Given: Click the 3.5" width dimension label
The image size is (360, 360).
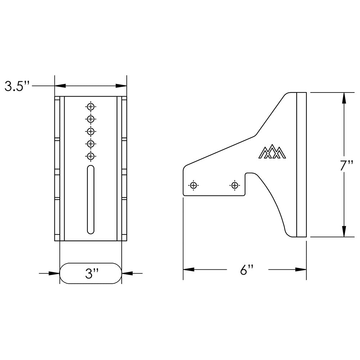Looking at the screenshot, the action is (x=17, y=86).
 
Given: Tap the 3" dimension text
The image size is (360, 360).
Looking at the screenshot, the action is (x=92, y=274).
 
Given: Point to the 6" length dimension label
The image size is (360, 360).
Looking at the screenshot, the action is (x=247, y=270).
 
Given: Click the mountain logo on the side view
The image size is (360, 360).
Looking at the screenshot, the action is (x=272, y=152).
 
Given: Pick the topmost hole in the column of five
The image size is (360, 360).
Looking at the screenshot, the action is (x=91, y=107).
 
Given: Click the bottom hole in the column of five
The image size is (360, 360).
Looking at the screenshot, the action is (x=91, y=156).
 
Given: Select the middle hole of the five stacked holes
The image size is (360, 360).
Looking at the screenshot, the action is (x=91, y=131).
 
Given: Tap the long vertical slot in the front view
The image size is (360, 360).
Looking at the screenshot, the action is (x=91, y=199).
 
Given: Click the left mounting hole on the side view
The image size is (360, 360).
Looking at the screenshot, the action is (x=194, y=185).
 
